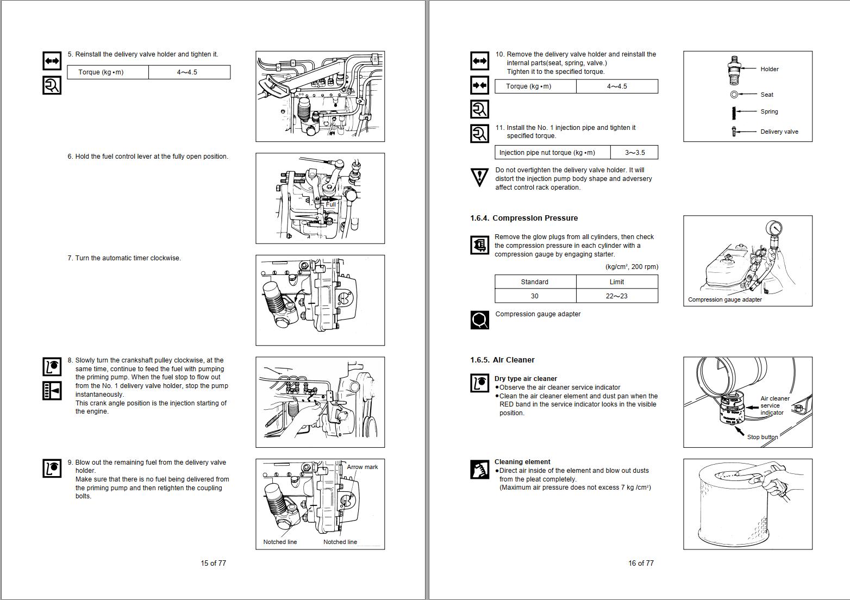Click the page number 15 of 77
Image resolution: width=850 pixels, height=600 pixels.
pos(213,563)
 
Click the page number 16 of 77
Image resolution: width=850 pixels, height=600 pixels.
pos(641,563)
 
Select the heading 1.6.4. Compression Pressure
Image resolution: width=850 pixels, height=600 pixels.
pos(524,218)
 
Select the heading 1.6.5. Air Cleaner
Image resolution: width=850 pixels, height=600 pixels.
pos(502,360)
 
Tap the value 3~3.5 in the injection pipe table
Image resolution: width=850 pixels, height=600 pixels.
pos(634,153)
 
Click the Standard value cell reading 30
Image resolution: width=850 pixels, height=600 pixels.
pos(535,296)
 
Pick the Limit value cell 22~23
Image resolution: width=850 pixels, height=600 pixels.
pos(616,296)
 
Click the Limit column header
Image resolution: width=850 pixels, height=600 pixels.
pos(616,282)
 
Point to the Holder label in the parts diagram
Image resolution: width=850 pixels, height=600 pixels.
pos(769,69)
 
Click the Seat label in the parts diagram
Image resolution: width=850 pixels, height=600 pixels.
pos(766,95)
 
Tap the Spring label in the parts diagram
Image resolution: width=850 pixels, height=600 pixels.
pos(768,111)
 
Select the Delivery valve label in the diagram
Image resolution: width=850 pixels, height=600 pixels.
pos(779,132)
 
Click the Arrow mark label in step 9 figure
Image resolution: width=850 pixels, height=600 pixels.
pos(362,467)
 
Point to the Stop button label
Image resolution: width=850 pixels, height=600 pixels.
pos(762,437)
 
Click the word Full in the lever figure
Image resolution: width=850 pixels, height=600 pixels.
pos(330,204)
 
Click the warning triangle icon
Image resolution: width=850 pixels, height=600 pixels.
pos(479,177)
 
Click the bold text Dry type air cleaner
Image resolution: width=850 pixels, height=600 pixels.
pos(525,379)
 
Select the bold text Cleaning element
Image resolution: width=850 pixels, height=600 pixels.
pos(522,462)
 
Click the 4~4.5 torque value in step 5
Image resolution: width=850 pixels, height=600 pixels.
pos(187,72)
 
